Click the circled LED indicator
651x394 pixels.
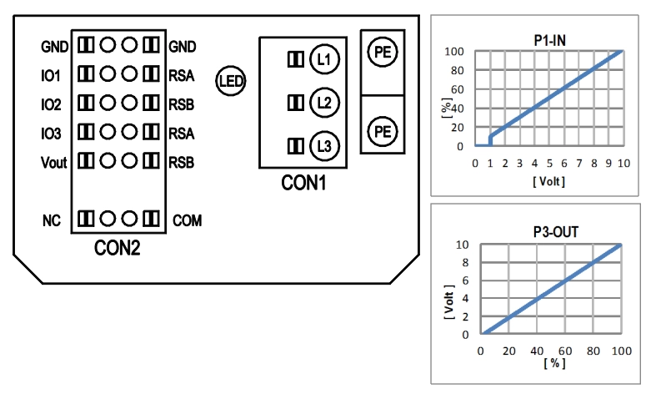click(x=229, y=81)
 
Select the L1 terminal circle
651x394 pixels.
click(x=323, y=59)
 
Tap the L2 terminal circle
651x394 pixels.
click(x=323, y=104)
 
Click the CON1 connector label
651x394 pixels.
click(x=303, y=181)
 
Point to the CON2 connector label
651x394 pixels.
click(x=117, y=248)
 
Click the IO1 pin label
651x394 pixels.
click(x=51, y=76)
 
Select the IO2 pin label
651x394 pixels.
click(x=51, y=104)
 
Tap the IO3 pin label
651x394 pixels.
click(x=51, y=132)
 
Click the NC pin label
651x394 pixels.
click(x=52, y=220)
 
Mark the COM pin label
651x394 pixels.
click(x=187, y=220)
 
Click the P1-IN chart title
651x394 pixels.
click(x=551, y=38)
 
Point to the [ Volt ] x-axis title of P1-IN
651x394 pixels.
click(x=549, y=179)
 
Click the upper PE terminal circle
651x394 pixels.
click(x=382, y=52)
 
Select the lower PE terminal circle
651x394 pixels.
click(x=382, y=131)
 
